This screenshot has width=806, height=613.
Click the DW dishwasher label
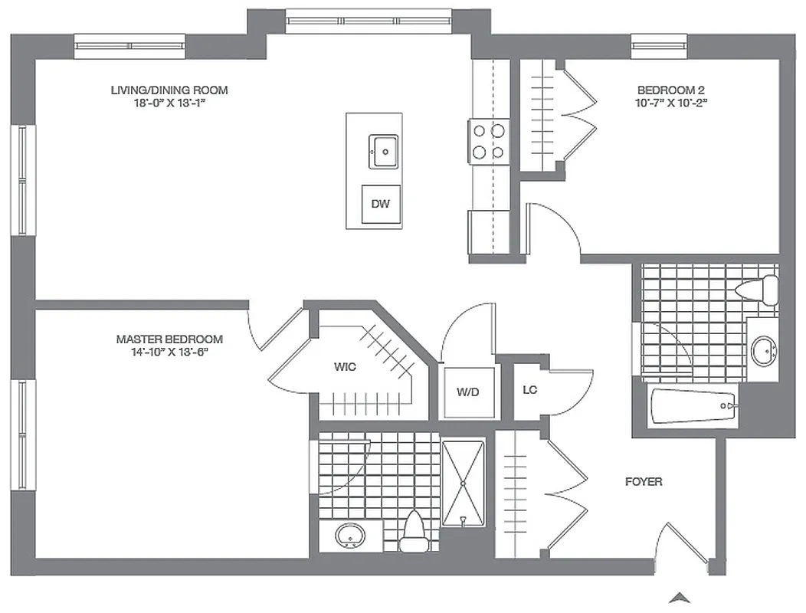pyautogui.click(x=382, y=204)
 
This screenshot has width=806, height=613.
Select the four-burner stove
pyautogui.click(x=488, y=141)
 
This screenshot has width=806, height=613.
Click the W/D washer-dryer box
pyautogui.click(x=467, y=392)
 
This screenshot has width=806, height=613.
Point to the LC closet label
pyautogui.click(x=530, y=390)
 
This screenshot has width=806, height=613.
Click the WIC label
pyautogui.click(x=345, y=367)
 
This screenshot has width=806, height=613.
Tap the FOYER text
pyautogui.click(x=644, y=482)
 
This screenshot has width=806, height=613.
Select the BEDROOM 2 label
pyautogui.click(x=671, y=89)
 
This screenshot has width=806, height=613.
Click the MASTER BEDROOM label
pyautogui.click(x=169, y=339)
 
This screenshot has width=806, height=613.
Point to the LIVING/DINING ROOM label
pyautogui.click(x=169, y=90)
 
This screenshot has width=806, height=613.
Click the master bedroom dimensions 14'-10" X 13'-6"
pyautogui.click(x=169, y=352)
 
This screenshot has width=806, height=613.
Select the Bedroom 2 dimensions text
pyautogui.click(x=671, y=102)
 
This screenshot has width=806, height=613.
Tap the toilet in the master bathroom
pyautogui.click(x=414, y=530)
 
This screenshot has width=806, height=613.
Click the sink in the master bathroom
pyautogui.click(x=351, y=536)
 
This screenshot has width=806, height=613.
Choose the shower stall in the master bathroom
pyautogui.click(x=464, y=483)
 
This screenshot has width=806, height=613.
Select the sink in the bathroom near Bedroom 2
pyautogui.click(x=763, y=351)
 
